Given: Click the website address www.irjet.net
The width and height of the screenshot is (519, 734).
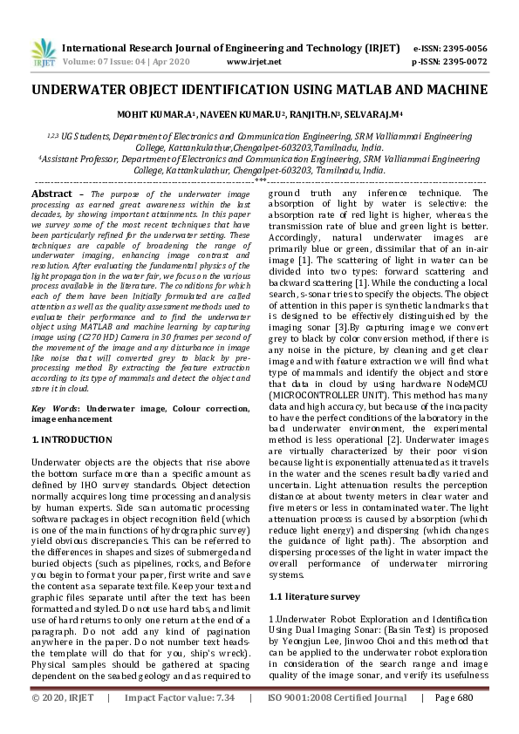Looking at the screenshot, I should click(253, 62).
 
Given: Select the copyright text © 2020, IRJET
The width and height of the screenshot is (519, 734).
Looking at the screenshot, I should click(64, 722).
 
